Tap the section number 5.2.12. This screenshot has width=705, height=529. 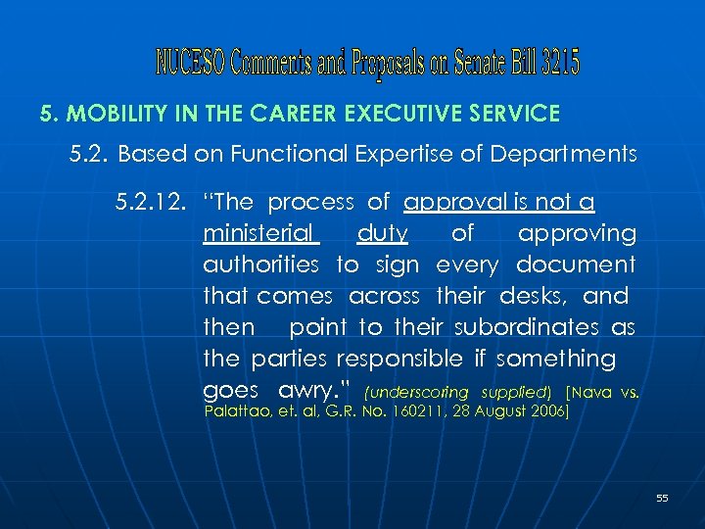[150, 203]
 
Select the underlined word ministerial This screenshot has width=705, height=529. [259, 233]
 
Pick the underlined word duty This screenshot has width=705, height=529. [383, 233]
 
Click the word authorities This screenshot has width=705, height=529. [260, 264]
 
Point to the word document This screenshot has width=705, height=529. [576, 264]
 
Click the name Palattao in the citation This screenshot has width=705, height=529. [234, 412]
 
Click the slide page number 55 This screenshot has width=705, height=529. [662, 499]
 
